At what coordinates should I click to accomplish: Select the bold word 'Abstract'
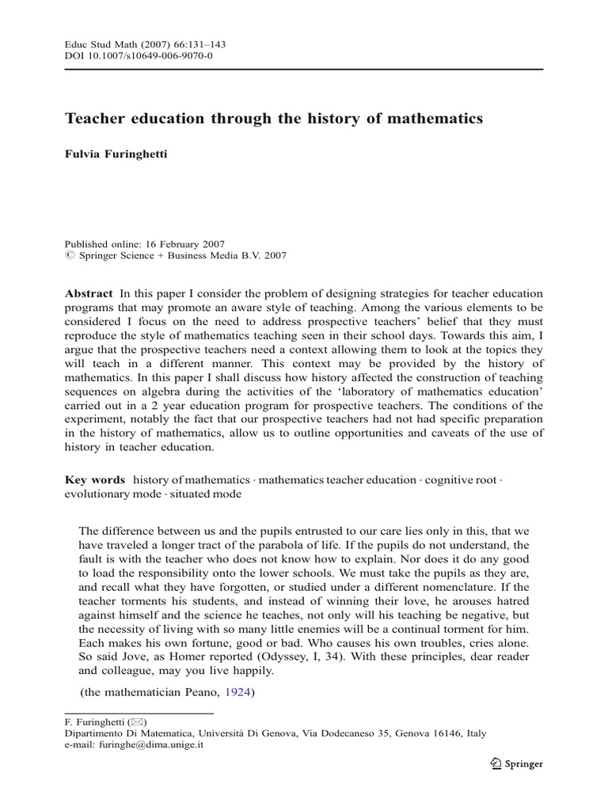[x=89, y=293]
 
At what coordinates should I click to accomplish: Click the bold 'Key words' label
[x=94, y=479]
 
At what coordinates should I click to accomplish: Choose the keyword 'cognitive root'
[x=458, y=479]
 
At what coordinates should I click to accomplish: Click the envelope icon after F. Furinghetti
[x=139, y=721]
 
